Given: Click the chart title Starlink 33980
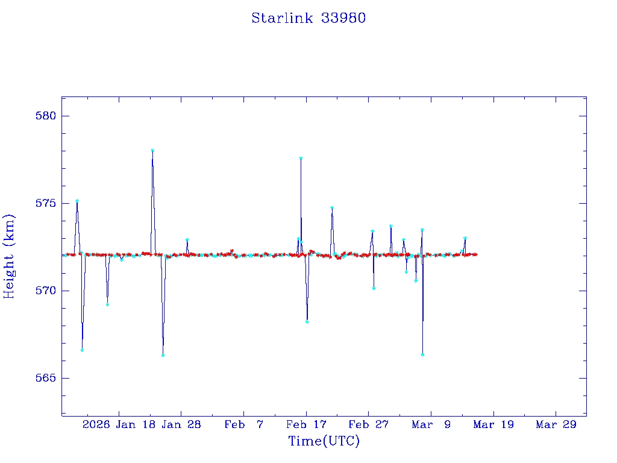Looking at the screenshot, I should tap(308, 18).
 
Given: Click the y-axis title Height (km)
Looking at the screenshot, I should tap(10, 256).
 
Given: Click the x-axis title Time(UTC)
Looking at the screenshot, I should tap(324, 441).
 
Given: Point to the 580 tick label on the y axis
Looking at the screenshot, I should tap(42, 116).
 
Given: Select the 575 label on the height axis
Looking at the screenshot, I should tap(42, 203).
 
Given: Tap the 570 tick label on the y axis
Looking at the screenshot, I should tap(42, 291).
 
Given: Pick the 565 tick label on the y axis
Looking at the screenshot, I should tap(42, 378).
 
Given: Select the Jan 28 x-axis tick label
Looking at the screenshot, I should tap(181, 424).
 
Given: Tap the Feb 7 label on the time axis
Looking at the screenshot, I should tap(243, 424).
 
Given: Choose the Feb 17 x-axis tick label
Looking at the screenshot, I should tap(306, 424).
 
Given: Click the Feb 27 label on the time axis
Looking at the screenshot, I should tap(369, 424).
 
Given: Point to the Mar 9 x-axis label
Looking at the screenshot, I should tap(431, 424).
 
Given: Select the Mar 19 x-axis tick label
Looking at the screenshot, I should tap(493, 424).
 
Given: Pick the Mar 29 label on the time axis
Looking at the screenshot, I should tap(556, 424).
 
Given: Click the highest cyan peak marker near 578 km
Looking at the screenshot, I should tap(152, 150).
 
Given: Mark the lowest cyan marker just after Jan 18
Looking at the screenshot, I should tap(163, 355).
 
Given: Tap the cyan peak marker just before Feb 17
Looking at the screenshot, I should tap(301, 158).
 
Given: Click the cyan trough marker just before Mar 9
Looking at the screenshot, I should tap(422, 354).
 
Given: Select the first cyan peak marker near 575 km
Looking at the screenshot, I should tap(77, 200).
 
